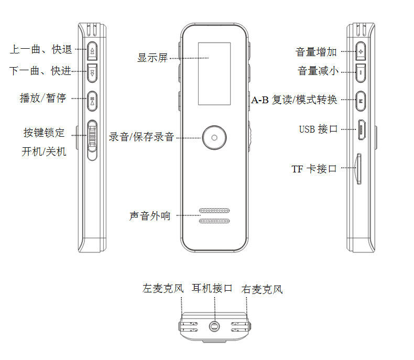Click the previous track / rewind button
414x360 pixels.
(x=92, y=50)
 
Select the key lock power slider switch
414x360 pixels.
(x=92, y=139)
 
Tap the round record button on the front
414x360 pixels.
(x=214, y=137)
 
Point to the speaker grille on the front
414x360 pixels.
(x=214, y=216)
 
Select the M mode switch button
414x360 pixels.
(x=361, y=99)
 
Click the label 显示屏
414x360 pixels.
(x=152, y=58)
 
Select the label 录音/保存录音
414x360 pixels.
(x=141, y=137)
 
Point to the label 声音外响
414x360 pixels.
(x=150, y=215)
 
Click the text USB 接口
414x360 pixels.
(x=318, y=129)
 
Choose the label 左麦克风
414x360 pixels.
(x=164, y=288)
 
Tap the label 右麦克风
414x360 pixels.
(x=262, y=289)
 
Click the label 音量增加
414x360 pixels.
(x=316, y=51)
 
